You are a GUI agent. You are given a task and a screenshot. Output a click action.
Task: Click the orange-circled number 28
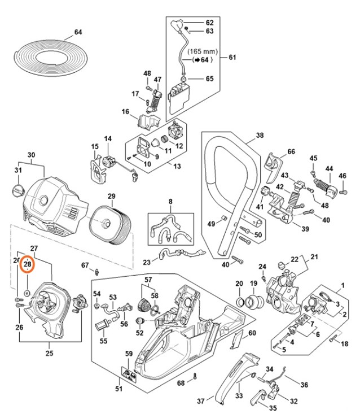[x=28, y=264]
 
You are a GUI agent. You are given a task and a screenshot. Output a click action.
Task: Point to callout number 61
[x=232, y=58]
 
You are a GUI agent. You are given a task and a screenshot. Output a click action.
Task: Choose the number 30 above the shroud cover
[x=31, y=155]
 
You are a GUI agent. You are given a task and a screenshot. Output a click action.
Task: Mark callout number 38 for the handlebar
[x=260, y=136]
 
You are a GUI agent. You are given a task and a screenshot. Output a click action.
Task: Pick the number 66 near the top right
[x=291, y=151]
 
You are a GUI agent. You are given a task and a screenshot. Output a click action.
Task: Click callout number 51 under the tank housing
[x=118, y=388]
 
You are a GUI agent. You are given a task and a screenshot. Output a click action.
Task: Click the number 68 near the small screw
[x=181, y=384]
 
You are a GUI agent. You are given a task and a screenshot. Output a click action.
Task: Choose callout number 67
[x=85, y=265]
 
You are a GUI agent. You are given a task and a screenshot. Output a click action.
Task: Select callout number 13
[x=177, y=167]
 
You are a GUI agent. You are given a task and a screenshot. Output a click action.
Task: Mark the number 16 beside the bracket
[x=125, y=112]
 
